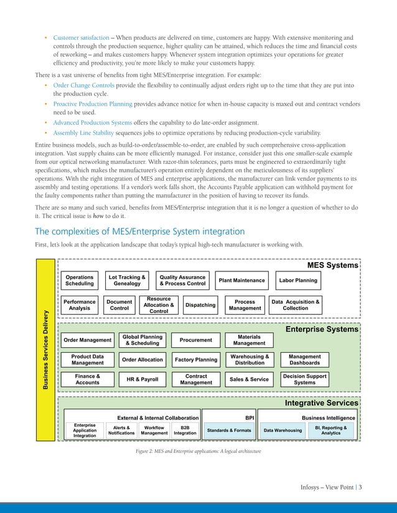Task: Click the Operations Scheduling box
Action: (x=80, y=281)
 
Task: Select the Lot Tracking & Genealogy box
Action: (x=127, y=281)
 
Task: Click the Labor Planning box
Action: (x=298, y=281)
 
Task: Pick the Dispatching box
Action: (x=200, y=306)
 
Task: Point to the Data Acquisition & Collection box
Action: (x=295, y=305)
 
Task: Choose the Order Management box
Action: (x=87, y=340)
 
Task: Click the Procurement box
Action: (x=195, y=340)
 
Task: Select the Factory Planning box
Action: (x=196, y=360)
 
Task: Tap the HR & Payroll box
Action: (x=141, y=379)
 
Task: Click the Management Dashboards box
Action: (x=305, y=360)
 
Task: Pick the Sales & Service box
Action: (x=249, y=379)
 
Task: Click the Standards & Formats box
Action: (x=229, y=430)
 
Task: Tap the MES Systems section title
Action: (x=333, y=265)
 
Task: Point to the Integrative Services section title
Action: (x=321, y=403)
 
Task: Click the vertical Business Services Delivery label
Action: (x=46, y=351)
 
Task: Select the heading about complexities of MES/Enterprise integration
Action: (x=139, y=231)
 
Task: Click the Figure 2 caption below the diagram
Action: (x=198, y=451)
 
